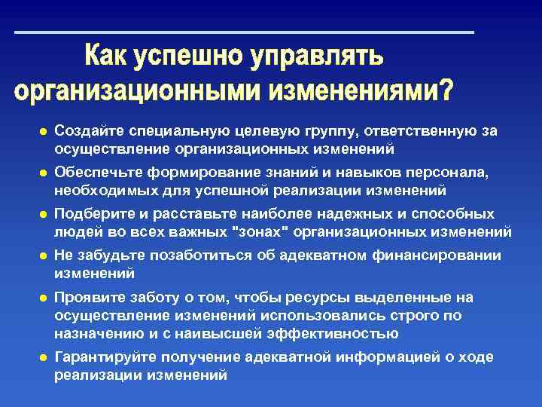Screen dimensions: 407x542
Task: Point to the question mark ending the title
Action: tap(446, 90)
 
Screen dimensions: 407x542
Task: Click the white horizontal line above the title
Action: tap(245, 32)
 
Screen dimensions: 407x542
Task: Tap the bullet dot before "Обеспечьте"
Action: tap(43, 173)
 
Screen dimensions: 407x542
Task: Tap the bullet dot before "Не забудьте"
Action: tap(43, 256)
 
